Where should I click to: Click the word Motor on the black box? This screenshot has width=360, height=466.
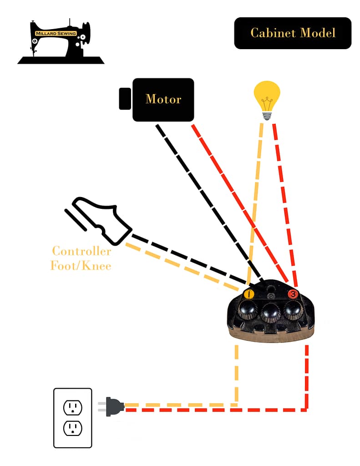[163, 99]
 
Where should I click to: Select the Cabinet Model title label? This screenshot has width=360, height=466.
[293, 33]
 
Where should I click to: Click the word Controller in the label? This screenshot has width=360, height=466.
[81, 251]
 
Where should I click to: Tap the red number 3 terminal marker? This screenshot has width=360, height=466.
[293, 294]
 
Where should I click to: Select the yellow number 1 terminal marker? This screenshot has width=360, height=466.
[249, 294]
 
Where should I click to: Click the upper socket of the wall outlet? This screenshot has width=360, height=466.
[72, 407]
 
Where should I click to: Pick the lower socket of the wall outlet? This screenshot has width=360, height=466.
[72, 428]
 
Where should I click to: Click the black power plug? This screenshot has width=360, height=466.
[113, 406]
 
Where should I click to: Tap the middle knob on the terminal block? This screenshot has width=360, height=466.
[271, 313]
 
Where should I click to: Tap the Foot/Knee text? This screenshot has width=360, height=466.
[81, 266]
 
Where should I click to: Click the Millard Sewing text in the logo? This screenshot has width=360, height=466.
[56, 34]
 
